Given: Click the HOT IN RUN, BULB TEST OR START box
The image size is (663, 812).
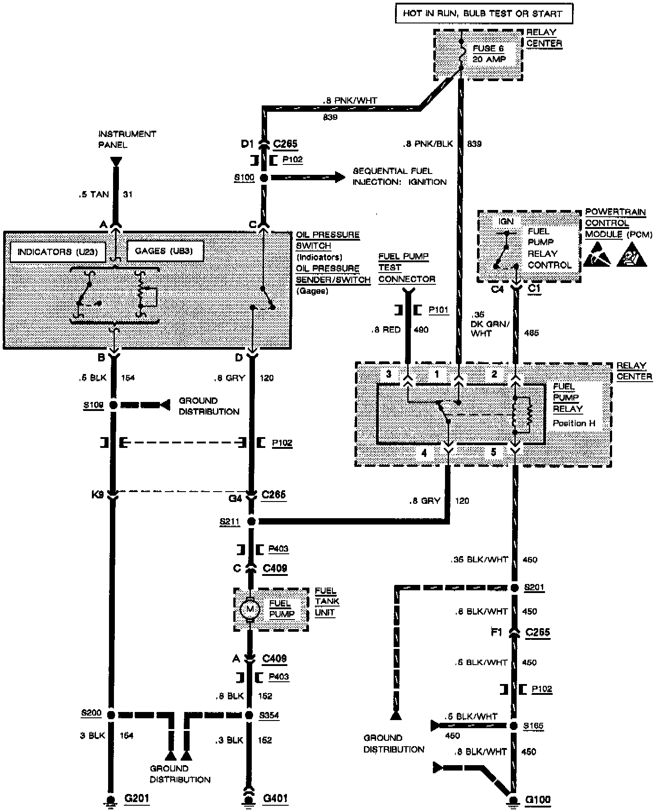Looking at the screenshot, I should click(484, 14).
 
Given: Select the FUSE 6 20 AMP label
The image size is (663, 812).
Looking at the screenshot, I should click(489, 54).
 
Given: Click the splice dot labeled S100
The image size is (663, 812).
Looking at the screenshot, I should click(264, 178).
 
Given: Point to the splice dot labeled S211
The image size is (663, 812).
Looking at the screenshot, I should click(252, 521).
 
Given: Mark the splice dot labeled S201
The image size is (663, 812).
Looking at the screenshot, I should click(515, 588).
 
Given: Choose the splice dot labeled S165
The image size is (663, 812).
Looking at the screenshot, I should click(513, 726).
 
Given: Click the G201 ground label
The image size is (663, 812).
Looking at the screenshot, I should click(136, 798).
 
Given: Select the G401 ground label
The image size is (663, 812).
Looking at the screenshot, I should click(275, 798).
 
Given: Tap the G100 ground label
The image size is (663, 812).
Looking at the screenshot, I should click(538, 799).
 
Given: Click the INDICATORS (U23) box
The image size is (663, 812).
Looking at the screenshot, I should click(57, 251).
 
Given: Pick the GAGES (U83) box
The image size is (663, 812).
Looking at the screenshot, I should click(165, 251).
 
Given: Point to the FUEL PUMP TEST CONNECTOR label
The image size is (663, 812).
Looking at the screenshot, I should click(406, 268).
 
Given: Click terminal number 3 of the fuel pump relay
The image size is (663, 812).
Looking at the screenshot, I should click(389, 374).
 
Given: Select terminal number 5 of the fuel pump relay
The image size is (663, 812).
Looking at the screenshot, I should click(493, 452).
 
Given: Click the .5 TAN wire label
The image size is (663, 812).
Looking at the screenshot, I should click(93, 194).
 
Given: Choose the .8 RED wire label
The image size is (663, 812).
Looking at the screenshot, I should click(386, 329).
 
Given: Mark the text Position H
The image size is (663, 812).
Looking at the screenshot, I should click(574, 423).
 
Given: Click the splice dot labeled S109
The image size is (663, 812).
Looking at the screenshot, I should click(113, 405).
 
